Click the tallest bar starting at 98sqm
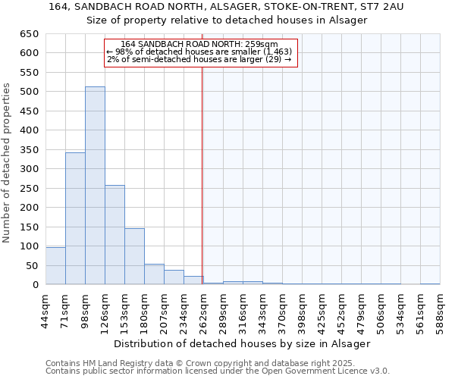click(95, 186)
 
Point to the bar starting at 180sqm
click(154, 274)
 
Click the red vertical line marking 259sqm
click(202, 174)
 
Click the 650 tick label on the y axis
click(29, 34)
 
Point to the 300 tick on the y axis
click(29, 169)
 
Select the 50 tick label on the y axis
click(32, 266)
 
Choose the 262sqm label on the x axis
click(203, 312)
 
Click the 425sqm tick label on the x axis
click(322, 312)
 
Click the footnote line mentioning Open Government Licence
click(217, 371)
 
